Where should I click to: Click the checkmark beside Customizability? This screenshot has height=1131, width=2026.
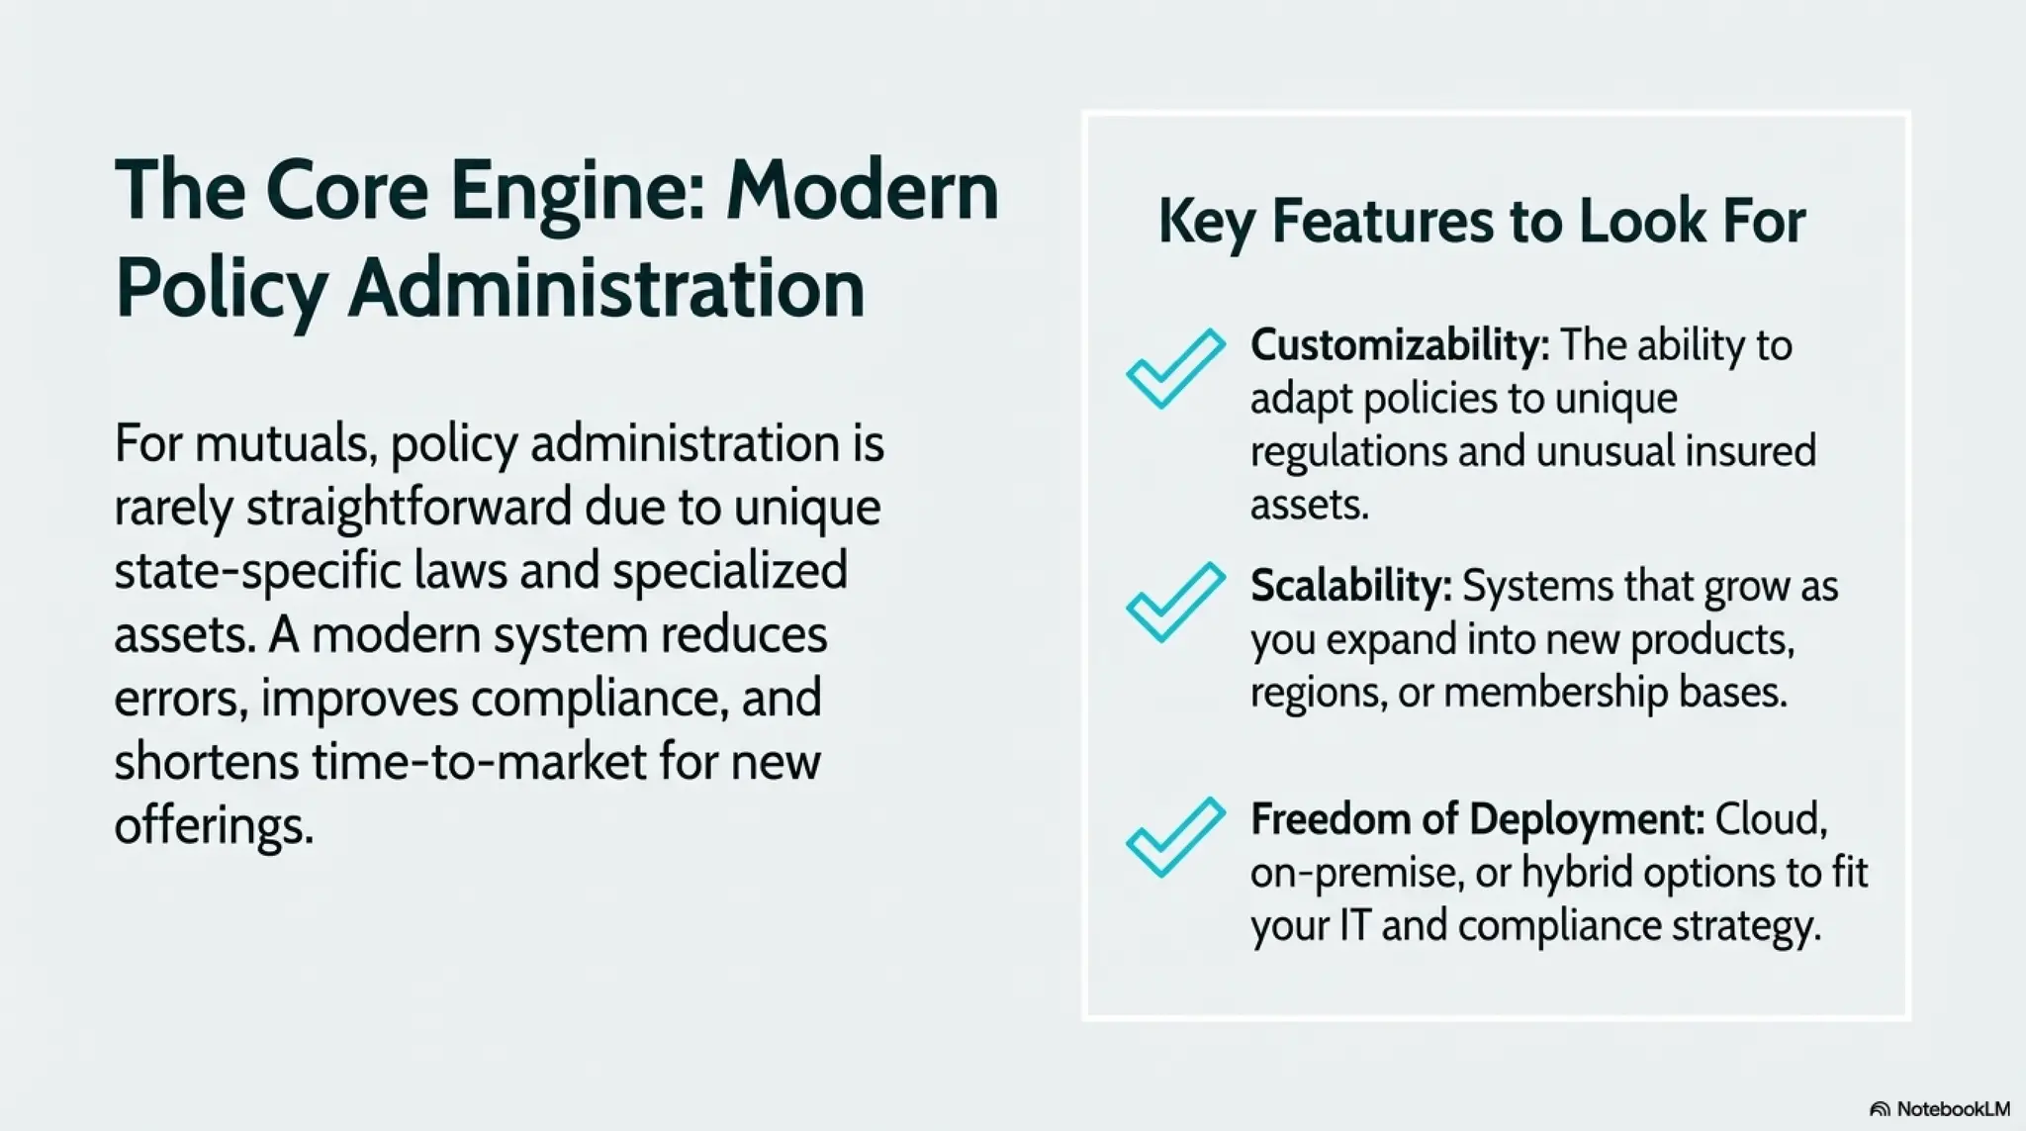[x=1174, y=368]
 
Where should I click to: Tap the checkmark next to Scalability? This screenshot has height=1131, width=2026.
[x=1174, y=602]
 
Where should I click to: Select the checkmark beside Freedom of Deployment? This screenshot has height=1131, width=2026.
[x=1174, y=836]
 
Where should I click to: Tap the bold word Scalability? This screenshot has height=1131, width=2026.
[x=1350, y=586]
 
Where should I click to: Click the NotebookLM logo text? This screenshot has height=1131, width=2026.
[x=1953, y=1109]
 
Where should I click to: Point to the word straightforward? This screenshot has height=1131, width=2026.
[x=409, y=508]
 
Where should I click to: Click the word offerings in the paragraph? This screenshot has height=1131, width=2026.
[x=213, y=825]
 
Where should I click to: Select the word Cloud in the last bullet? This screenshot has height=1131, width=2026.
[x=1771, y=819]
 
